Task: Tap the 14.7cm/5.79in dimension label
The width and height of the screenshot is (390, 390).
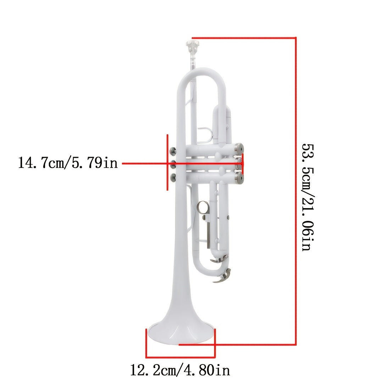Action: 68,163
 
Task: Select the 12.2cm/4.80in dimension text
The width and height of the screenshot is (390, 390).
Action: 180,370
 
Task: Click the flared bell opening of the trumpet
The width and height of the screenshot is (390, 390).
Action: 180,333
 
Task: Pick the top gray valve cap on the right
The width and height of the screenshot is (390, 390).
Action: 239,149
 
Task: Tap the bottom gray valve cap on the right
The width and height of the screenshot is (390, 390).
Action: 239,178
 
